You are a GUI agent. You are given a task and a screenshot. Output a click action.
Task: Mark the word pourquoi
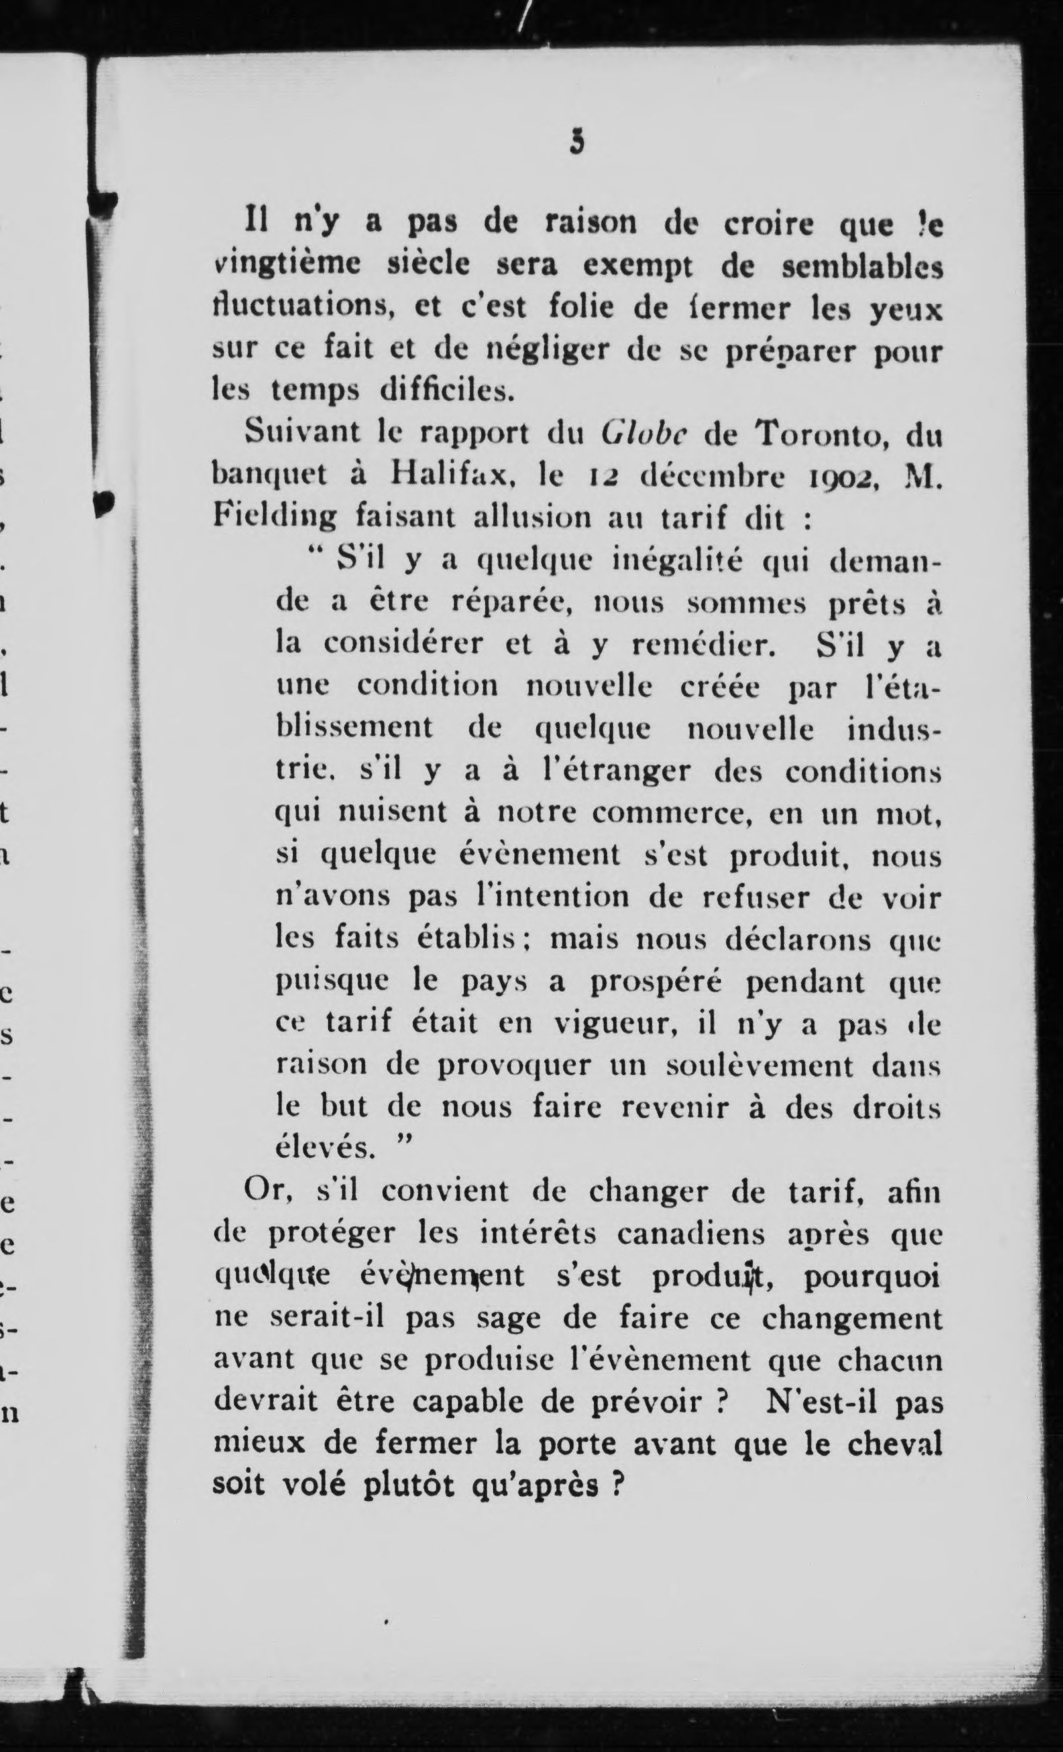coord(873,1277)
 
